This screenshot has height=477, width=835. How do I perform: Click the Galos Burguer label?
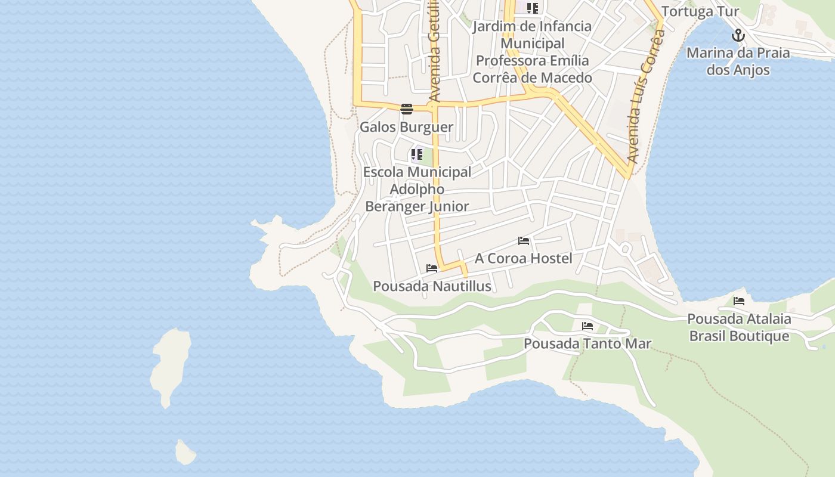406,127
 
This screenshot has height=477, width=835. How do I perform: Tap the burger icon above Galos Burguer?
407,109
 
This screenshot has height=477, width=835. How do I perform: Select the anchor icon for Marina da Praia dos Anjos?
738,35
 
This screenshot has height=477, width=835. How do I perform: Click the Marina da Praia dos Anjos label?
738,61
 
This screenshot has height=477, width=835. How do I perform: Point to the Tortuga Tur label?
700,11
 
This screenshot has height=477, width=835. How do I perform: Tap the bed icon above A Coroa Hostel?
524,241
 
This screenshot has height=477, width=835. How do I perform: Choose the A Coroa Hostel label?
523,258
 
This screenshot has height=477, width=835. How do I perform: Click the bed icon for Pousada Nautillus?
432,268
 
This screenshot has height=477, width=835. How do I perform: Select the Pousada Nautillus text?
432,286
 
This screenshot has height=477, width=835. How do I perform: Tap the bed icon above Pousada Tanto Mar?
587,326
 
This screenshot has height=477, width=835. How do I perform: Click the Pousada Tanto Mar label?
587,344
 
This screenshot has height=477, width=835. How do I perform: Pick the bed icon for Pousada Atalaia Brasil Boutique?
739,301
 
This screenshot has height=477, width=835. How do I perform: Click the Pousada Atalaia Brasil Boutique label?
739,327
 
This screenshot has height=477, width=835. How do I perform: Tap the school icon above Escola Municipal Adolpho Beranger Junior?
417,155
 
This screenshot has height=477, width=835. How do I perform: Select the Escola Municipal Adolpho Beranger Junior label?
417,189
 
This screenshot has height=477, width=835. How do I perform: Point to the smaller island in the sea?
185,453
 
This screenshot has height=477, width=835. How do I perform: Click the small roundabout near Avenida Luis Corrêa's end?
625,249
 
